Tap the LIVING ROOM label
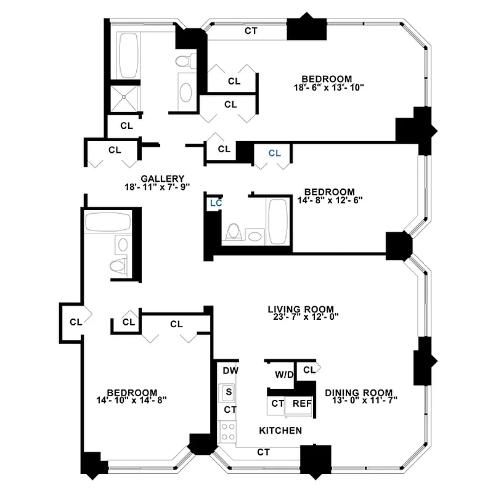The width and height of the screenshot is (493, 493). click(301, 309)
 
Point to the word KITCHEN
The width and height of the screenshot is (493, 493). click(280, 430)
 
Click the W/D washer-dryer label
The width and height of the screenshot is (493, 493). click(284, 374)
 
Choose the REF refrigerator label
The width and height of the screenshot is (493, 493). click(301, 404)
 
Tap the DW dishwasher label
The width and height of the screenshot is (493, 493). click(230, 370)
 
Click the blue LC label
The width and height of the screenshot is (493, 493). click(216, 202)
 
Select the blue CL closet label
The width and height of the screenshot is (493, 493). click(274, 153)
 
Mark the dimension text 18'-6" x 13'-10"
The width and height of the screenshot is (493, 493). click(330, 88)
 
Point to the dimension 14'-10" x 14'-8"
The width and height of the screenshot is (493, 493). click(132, 401)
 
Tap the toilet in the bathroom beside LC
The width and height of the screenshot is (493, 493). click(234, 231)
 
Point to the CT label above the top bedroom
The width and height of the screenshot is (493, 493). click(251, 30)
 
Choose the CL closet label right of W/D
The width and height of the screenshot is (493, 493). click(309, 369)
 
